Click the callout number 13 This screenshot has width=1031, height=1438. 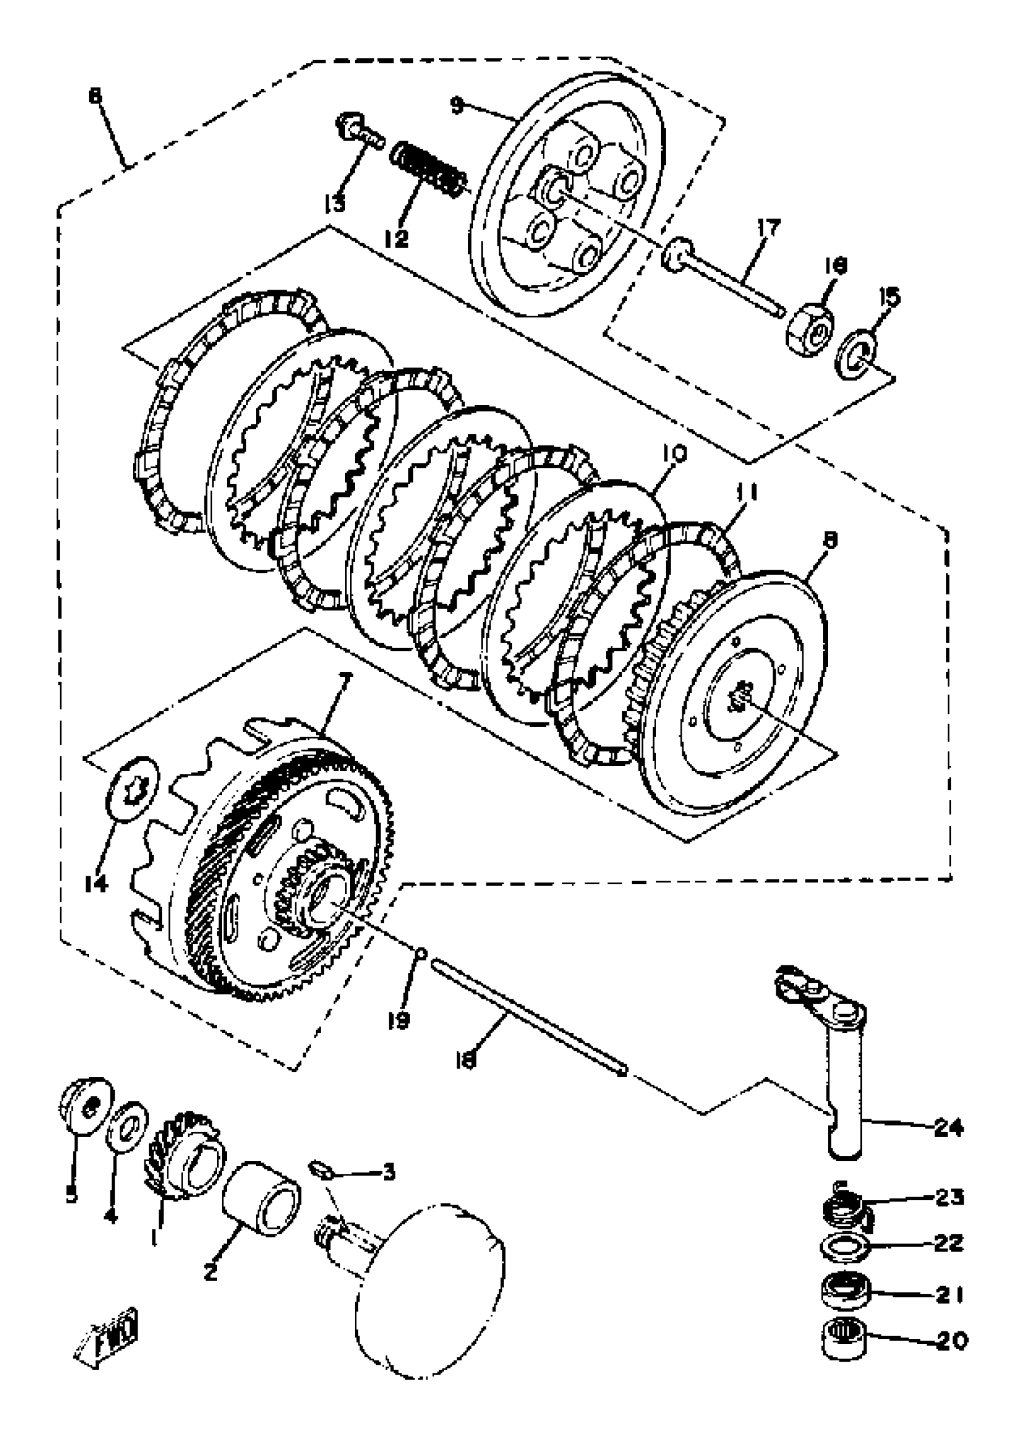[x=334, y=204]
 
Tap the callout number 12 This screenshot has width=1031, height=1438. [x=396, y=238]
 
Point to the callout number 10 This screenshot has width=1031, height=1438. [x=673, y=454]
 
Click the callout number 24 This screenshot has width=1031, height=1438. [x=948, y=1128]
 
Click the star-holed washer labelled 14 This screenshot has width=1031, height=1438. [x=132, y=789]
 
